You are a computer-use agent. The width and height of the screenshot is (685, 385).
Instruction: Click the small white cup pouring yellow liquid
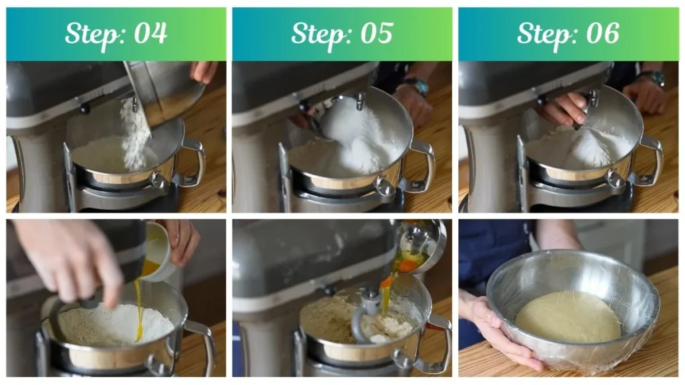coord(158,251)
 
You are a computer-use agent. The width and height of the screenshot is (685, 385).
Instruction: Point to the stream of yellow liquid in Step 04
coord(138,307)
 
